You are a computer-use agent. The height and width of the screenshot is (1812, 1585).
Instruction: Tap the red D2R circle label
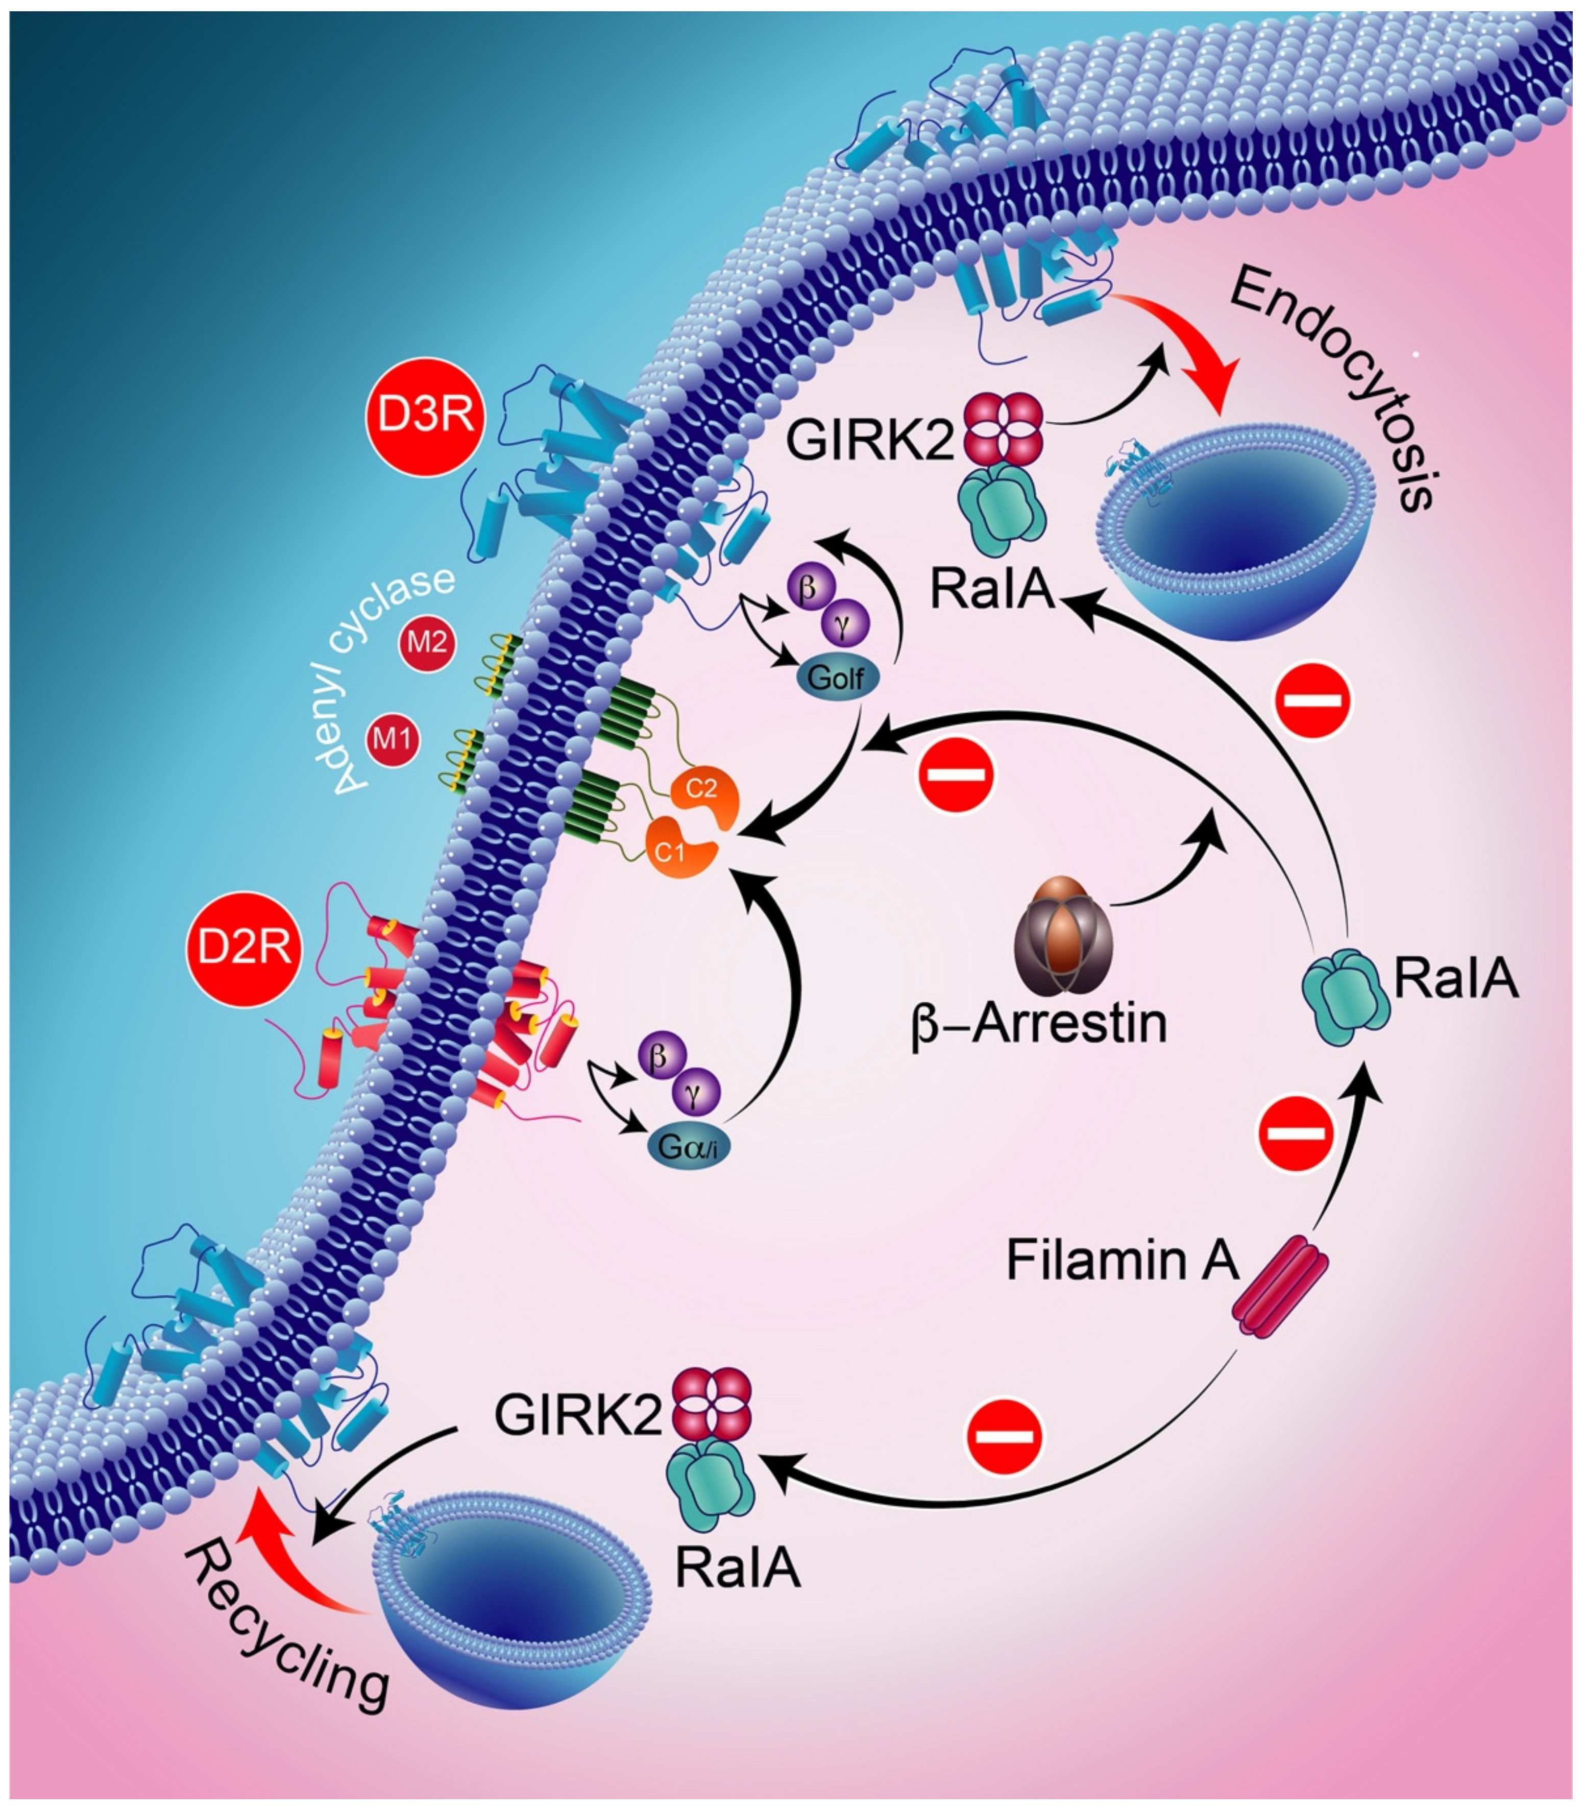coord(243,949)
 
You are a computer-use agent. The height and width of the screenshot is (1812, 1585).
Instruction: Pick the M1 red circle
coord(392,737)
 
